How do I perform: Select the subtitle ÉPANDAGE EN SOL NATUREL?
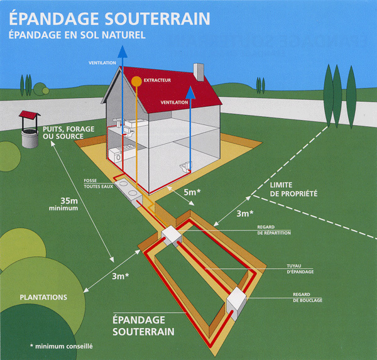[78, 35]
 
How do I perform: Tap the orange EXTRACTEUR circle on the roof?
[135, 80]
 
